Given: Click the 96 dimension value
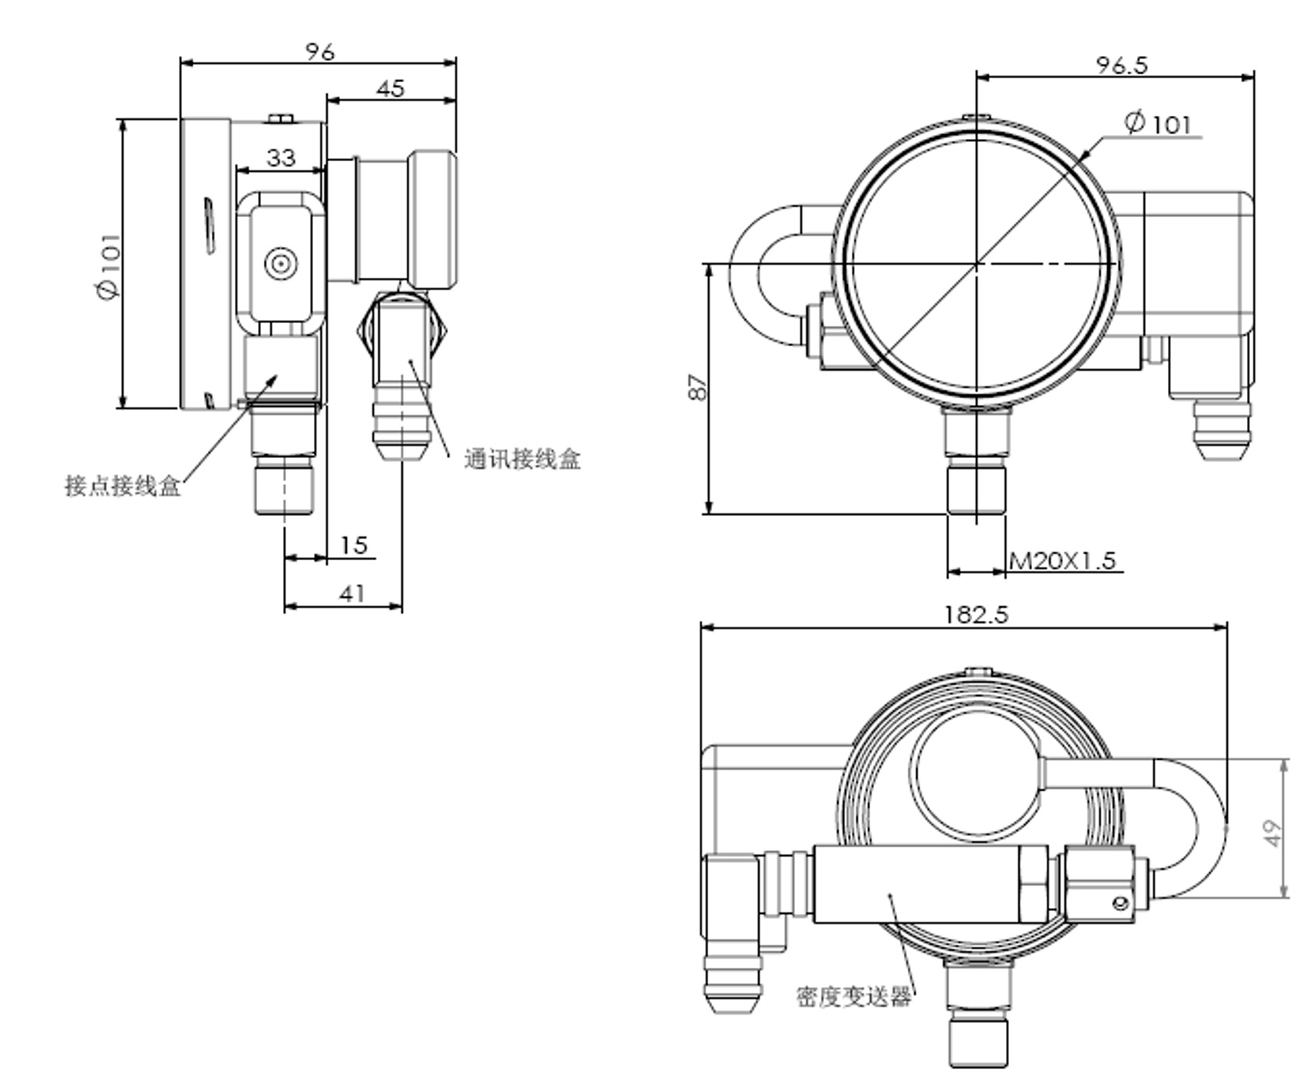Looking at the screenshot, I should pos(320,51).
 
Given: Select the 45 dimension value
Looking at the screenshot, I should pos(390,88).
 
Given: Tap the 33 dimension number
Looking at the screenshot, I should pos(280,157).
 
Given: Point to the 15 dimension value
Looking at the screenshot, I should pos(354,545).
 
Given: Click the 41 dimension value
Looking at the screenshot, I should pos(351,593).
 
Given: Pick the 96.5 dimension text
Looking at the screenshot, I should pos(1121,65).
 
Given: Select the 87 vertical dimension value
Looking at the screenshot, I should pos(697,387).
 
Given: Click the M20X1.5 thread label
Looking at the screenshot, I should pos(1062,561).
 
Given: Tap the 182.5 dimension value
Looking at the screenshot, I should pos(975,615).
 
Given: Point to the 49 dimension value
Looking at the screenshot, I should pos(1272,833).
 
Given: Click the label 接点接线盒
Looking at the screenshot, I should pos(123,486).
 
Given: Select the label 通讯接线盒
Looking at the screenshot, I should pos(522,459).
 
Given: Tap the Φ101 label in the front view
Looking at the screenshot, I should pos(1159,123).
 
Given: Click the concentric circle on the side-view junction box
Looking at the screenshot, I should pos(281,264).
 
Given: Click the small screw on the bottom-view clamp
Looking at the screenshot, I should pos(1121,904).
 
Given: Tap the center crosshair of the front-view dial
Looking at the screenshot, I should pos(976,264).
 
